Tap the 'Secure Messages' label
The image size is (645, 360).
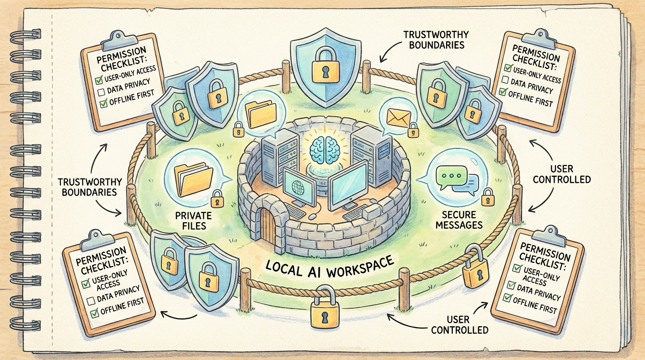click(458, 220)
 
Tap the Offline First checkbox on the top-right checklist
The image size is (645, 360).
click(503, 92)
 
